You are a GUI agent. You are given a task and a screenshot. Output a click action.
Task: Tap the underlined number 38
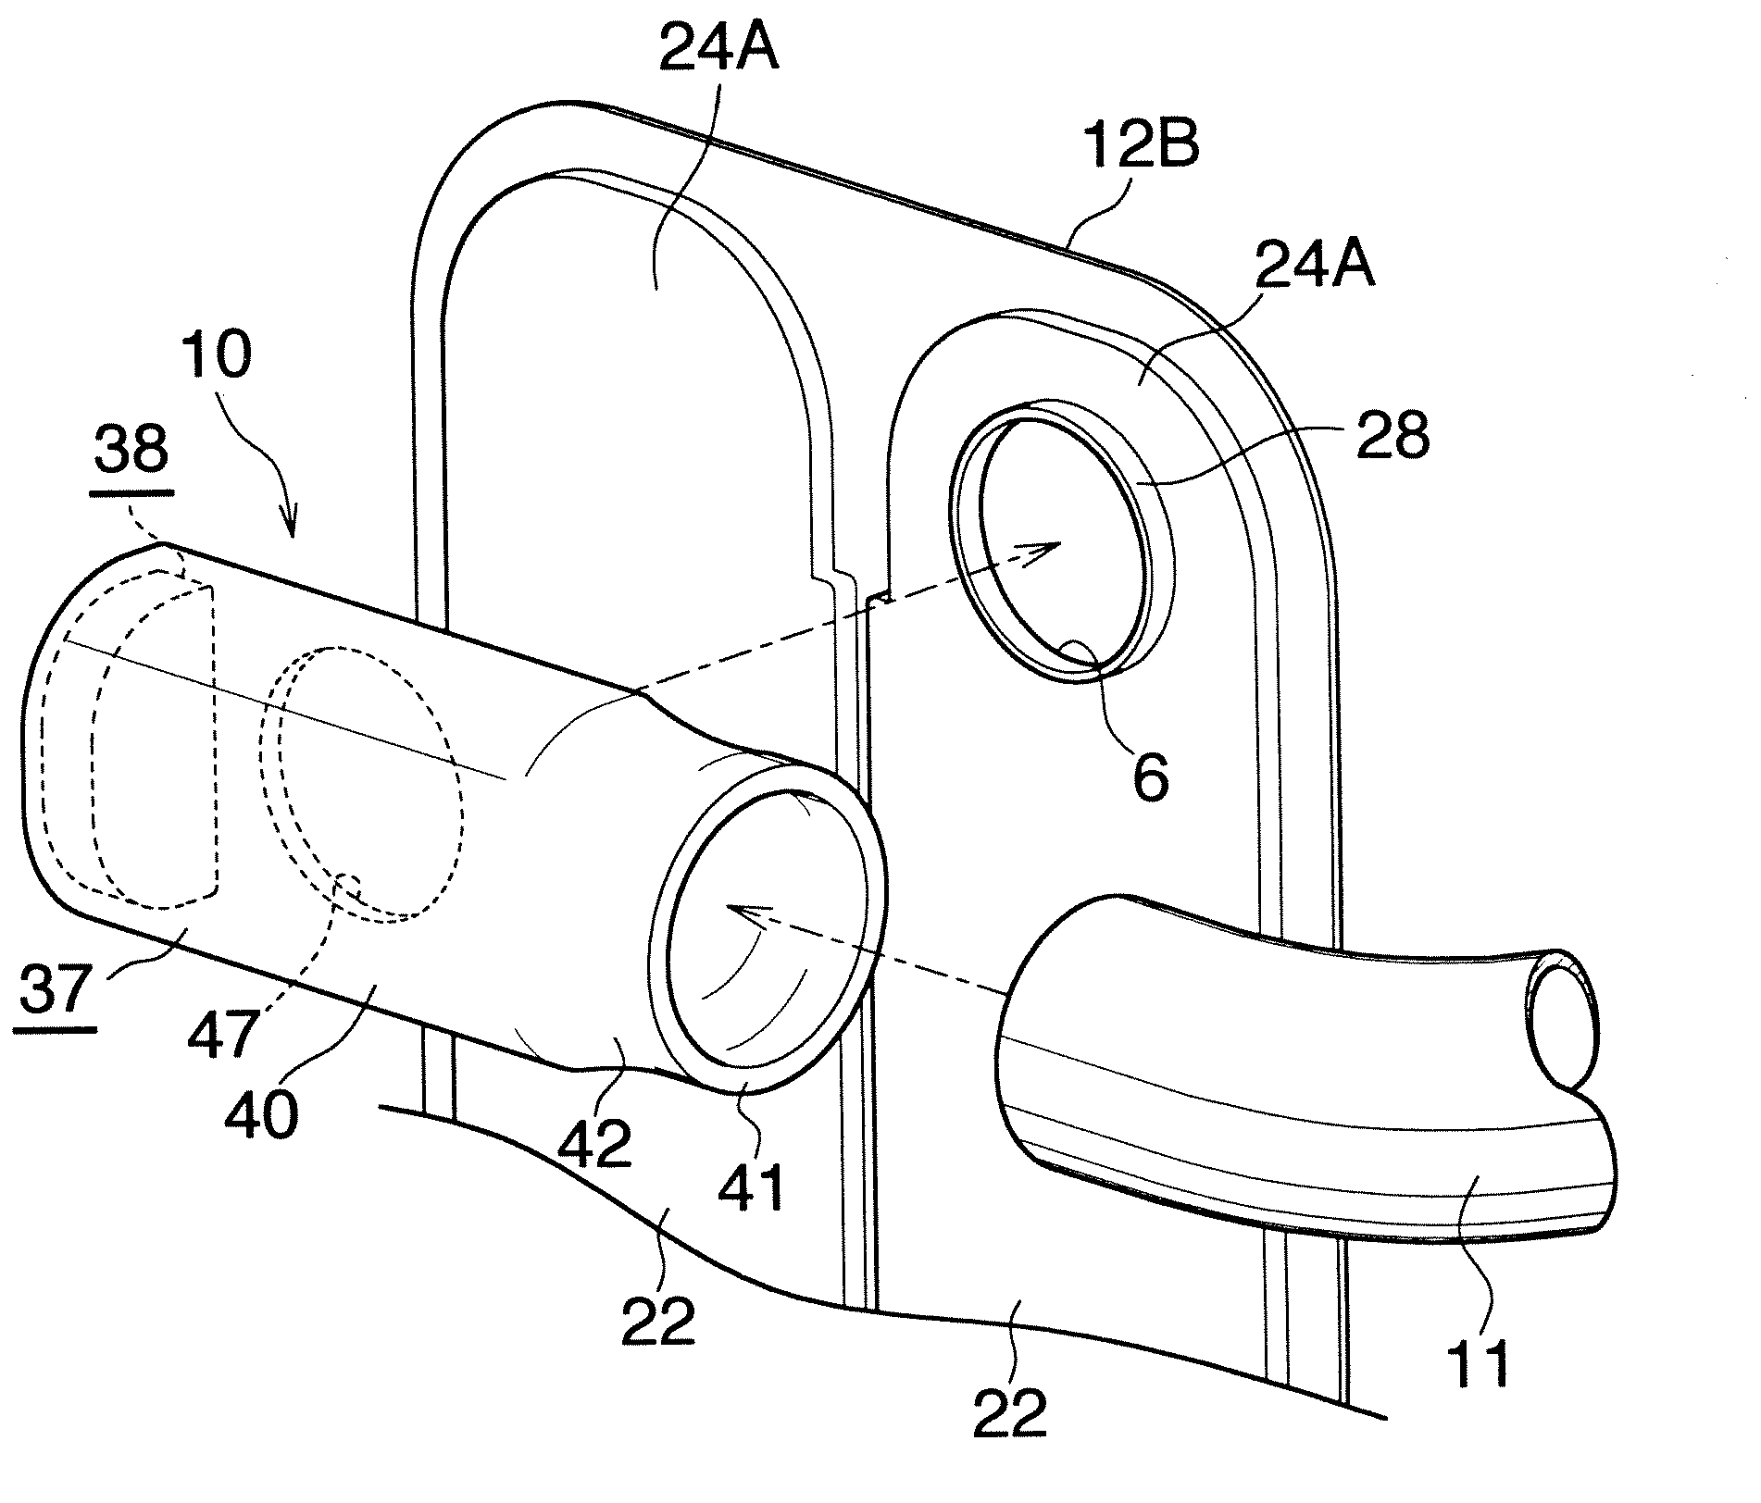pyautogui.click(x=132, y=452)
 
